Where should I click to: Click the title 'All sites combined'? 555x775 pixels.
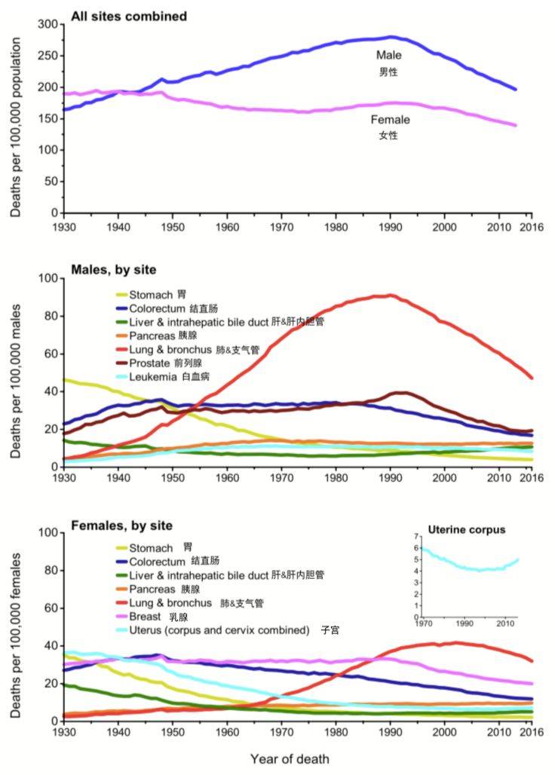tap(128, 16)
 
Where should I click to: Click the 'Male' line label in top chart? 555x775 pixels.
tap(389, 56)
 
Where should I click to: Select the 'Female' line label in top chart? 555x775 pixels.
tap(390, 120)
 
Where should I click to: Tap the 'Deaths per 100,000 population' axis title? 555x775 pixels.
tap(16, 118)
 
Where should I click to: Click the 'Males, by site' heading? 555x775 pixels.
tap(114, 269)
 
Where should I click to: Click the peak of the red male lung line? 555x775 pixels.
tap(390, 295)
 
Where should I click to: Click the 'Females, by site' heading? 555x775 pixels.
tap(121, 525)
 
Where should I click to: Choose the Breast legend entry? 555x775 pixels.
tap(155, 616)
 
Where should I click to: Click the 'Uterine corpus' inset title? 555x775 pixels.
tap(466, 530)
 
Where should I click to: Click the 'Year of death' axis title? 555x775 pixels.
tap(290, 758)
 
